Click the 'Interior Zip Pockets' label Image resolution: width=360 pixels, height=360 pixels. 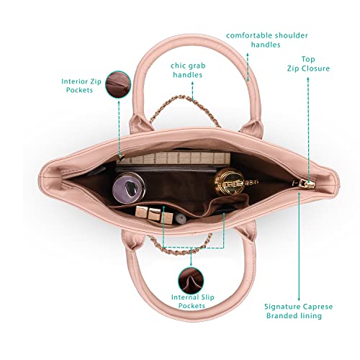[x=81, y=86]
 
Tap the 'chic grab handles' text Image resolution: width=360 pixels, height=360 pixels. [x=188, y=70]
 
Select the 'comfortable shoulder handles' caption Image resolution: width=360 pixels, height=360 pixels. [x=266, y=40]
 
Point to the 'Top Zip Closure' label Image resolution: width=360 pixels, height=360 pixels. [x=308, y=64]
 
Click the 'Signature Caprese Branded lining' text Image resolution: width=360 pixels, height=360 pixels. [x=298, y=311]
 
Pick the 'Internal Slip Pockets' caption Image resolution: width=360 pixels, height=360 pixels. [x=192, y=302]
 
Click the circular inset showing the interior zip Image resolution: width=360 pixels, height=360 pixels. [x=118, y=84]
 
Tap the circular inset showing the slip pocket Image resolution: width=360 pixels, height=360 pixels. [x=191, y=281]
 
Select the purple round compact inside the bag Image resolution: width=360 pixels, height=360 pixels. [x=129, y=188]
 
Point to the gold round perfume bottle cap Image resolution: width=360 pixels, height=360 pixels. [x=229, y=181]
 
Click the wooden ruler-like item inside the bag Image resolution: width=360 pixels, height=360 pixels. [x=174, y=158]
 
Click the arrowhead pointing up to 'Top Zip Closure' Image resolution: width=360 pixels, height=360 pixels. [x=308, y=78]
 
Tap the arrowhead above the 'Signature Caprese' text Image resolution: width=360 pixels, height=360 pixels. [x=299, y=194]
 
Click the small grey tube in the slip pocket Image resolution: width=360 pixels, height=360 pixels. [x=181, y=219]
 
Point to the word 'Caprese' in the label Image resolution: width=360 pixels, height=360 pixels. [x=318, y=307]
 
